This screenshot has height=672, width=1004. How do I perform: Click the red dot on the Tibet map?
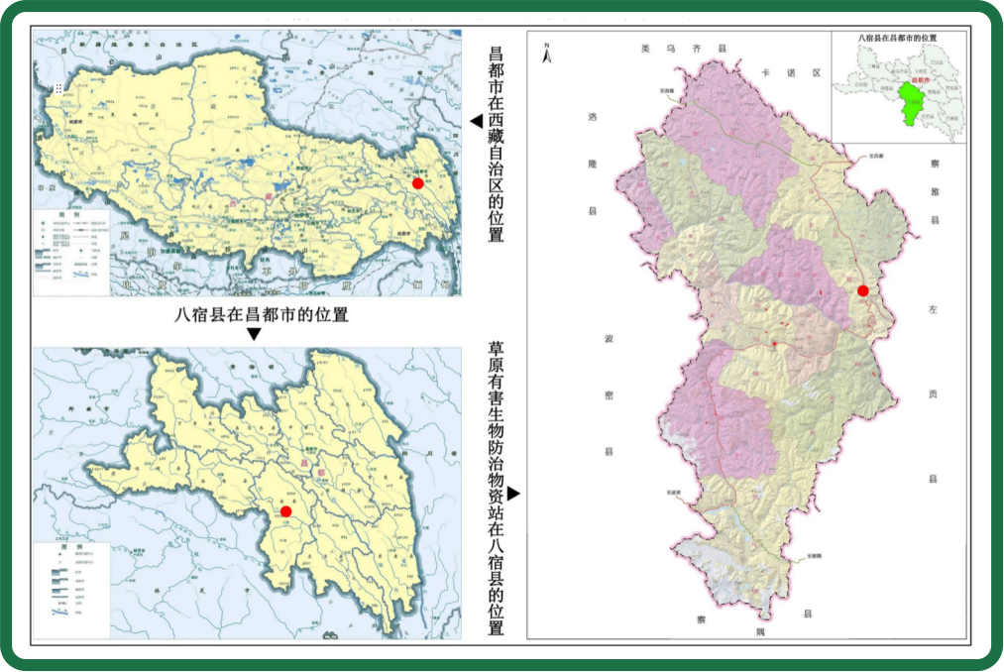point(418,183)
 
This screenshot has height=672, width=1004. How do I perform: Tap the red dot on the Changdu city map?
point(285,511)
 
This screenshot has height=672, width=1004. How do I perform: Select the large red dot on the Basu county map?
point(862,290)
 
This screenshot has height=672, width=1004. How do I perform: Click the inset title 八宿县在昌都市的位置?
point(898,38)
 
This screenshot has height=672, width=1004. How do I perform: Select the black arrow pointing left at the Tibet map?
point(476,121)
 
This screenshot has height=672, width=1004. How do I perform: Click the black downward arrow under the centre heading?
point(254,334)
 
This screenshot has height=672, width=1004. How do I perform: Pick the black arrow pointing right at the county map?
point(513,493)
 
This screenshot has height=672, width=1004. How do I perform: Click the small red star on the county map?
point(773,343)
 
